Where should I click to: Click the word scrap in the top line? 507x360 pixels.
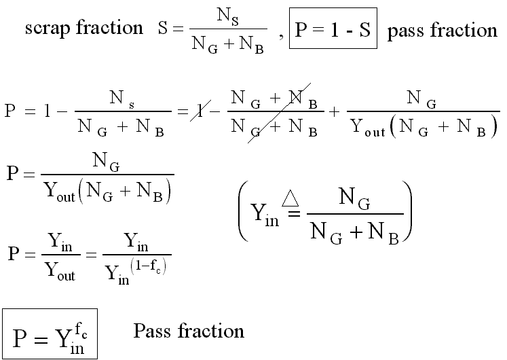click(x=48, y=28)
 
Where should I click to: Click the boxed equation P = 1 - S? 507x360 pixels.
click(x=333, y=28)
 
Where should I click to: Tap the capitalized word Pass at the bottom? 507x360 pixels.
click(x=152, y=331)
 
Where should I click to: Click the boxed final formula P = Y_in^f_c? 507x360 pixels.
click(x=50, y=334)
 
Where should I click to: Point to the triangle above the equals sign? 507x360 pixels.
click(x=290, y=198)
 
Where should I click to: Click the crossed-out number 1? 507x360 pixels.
click(x=200, y=111)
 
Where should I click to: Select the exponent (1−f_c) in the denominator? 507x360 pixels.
click(x=149, y=266)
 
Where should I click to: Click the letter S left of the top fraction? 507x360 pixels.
click(x=163, y=28)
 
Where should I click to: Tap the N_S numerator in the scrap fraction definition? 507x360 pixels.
click(x=228, y=16)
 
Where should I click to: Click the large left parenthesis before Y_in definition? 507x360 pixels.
click(x=243, y=211)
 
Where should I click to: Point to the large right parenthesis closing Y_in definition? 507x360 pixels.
click(x=407, y=211)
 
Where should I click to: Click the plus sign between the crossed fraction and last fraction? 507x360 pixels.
click(x=335, y=111)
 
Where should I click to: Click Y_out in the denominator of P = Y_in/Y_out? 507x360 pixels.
click(x=60, y=270)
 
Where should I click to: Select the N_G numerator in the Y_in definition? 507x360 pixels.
click(x=354, y=198)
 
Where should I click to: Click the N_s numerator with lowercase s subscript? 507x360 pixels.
click(x=122, y=98)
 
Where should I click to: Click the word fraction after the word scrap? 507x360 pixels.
click(x=110, y=27)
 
